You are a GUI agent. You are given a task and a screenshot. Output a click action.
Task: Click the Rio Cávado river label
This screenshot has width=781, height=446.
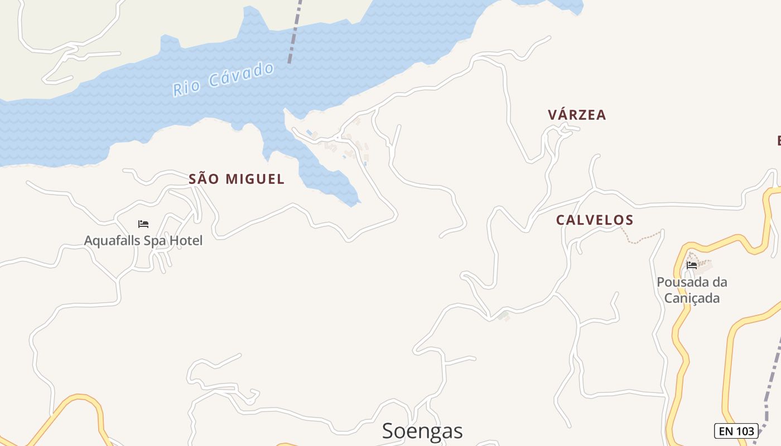pyautogui.click(x=223, y=80)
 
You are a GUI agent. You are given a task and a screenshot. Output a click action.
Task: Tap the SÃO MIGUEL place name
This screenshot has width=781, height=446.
pyautogui.click(x=237, y=179)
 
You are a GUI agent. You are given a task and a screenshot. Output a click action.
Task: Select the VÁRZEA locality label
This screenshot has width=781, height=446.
pyautogui.click(x=577, y=115)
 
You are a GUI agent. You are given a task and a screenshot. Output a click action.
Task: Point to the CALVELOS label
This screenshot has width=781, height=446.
pyautogui.click(x=595, y=220)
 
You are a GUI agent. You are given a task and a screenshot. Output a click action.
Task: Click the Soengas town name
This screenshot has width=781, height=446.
pyautogui.click(x=422, y=431)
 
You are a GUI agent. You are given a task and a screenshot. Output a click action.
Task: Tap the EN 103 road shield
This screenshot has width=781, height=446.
pyautogui.click(x=736, y=431)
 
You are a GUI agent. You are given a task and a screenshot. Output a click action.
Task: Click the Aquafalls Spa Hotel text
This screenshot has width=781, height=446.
pyautogui.click(x=143, y=241)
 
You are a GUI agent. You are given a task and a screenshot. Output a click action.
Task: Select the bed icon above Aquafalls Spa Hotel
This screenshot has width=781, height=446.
pyautogui.click(x=143, y=224)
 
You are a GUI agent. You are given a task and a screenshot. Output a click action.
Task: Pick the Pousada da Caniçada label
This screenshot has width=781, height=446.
pyautogui.click(x=692, y=290)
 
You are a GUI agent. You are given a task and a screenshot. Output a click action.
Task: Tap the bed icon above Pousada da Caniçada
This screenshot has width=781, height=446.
pyautogui.click(x=692, y=265)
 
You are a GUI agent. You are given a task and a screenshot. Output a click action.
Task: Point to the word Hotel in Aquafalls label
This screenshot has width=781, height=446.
pyautogui.click(x=186, y=241)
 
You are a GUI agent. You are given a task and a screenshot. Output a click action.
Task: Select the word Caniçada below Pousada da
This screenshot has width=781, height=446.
pyautogui.click(x=692, y=298)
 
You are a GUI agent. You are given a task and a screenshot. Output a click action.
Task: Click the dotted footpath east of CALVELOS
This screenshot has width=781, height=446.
pyautogui.click(x=642, y=239)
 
